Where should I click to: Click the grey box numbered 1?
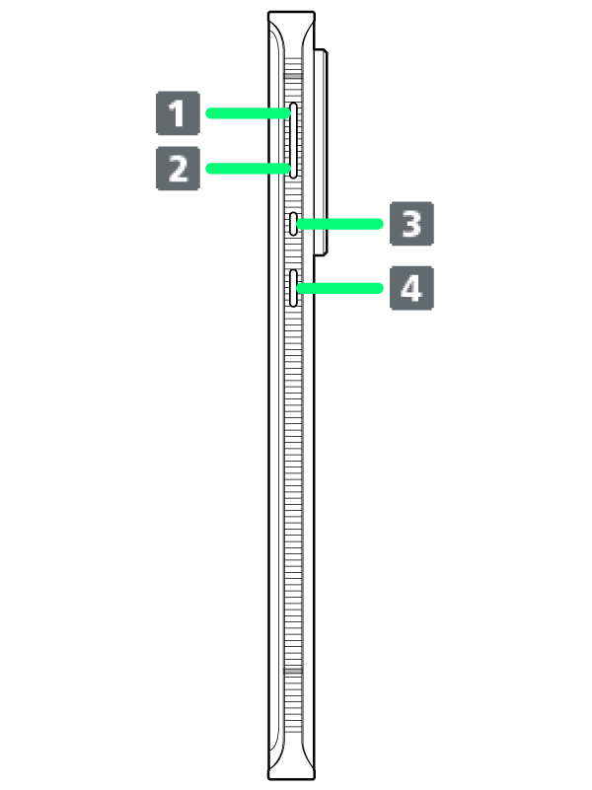pyautogui.click(x=178, y=113)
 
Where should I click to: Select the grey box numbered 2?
pyautogui.click(x=178, y=169)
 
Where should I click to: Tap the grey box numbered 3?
pyautogui.click(x=411, y=224)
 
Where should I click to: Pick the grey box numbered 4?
pyautogui.click(x=411, y=288)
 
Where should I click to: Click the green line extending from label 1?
pyautogui.click(x=247, y=113)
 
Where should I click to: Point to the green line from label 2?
pyautogui.click(x=247, y=169)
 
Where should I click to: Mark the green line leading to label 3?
pyautogui.click(x=340, y=224)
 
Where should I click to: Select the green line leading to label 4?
pyautogui.click(x=340, y=288)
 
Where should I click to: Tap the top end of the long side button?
pyautogui.click(x=293, y=107)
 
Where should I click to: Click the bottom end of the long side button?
pyautogui.click(x=293, y=174)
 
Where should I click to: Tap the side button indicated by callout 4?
pyautogui.click(x=294, y=288)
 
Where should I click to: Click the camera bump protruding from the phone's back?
pyautogui.click(x=319, y=148)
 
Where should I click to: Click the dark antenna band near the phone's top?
pyautogui.click(x=292, y=74)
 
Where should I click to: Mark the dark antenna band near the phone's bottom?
pyautogui.click(x=292, y=677)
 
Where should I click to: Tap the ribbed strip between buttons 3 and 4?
pyautogui.click(x=293, y=251)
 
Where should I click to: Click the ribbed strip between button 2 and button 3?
pyautogui.click(x=293, y=195)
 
